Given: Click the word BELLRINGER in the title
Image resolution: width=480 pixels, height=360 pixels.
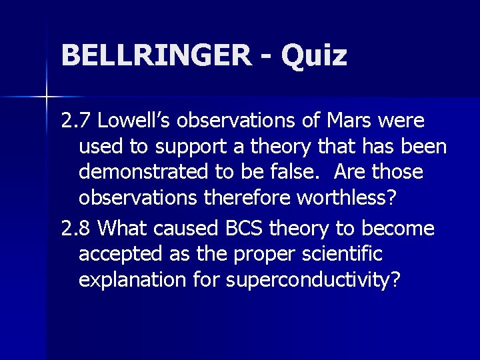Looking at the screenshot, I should tap(156, 55).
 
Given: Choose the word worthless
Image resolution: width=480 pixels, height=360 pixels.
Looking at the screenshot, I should tap(348, 197).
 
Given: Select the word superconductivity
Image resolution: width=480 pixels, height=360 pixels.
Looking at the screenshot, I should tap(314, 280).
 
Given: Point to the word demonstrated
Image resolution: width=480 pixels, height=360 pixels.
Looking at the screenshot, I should tap(143, 172).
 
